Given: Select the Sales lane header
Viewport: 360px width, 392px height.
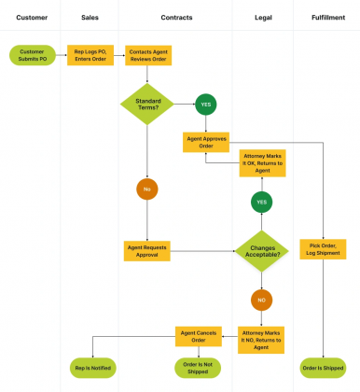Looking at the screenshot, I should pos(90,17).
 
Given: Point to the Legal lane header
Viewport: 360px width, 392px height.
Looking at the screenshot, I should pos(263,17).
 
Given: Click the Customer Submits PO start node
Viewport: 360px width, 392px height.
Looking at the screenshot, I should pos(32,56).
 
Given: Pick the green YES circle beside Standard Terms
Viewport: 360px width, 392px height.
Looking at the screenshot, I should pos(205,105).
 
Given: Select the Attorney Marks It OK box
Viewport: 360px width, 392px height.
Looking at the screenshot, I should pos(262,163).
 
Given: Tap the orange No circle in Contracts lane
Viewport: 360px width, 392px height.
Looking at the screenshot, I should pos(146,189).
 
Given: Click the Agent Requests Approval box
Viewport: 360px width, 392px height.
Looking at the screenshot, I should pos(146,251).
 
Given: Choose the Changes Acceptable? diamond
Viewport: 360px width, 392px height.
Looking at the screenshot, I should pos(262,251).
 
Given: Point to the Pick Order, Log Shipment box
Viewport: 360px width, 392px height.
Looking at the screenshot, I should pos(323,251).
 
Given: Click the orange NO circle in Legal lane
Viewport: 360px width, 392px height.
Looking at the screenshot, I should pos(262,301).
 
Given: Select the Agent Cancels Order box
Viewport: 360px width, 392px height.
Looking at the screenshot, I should pos(199,335).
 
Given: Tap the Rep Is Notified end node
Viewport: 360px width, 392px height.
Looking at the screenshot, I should pos(92,367).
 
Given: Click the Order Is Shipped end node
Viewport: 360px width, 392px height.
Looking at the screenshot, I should pos(323,367).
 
